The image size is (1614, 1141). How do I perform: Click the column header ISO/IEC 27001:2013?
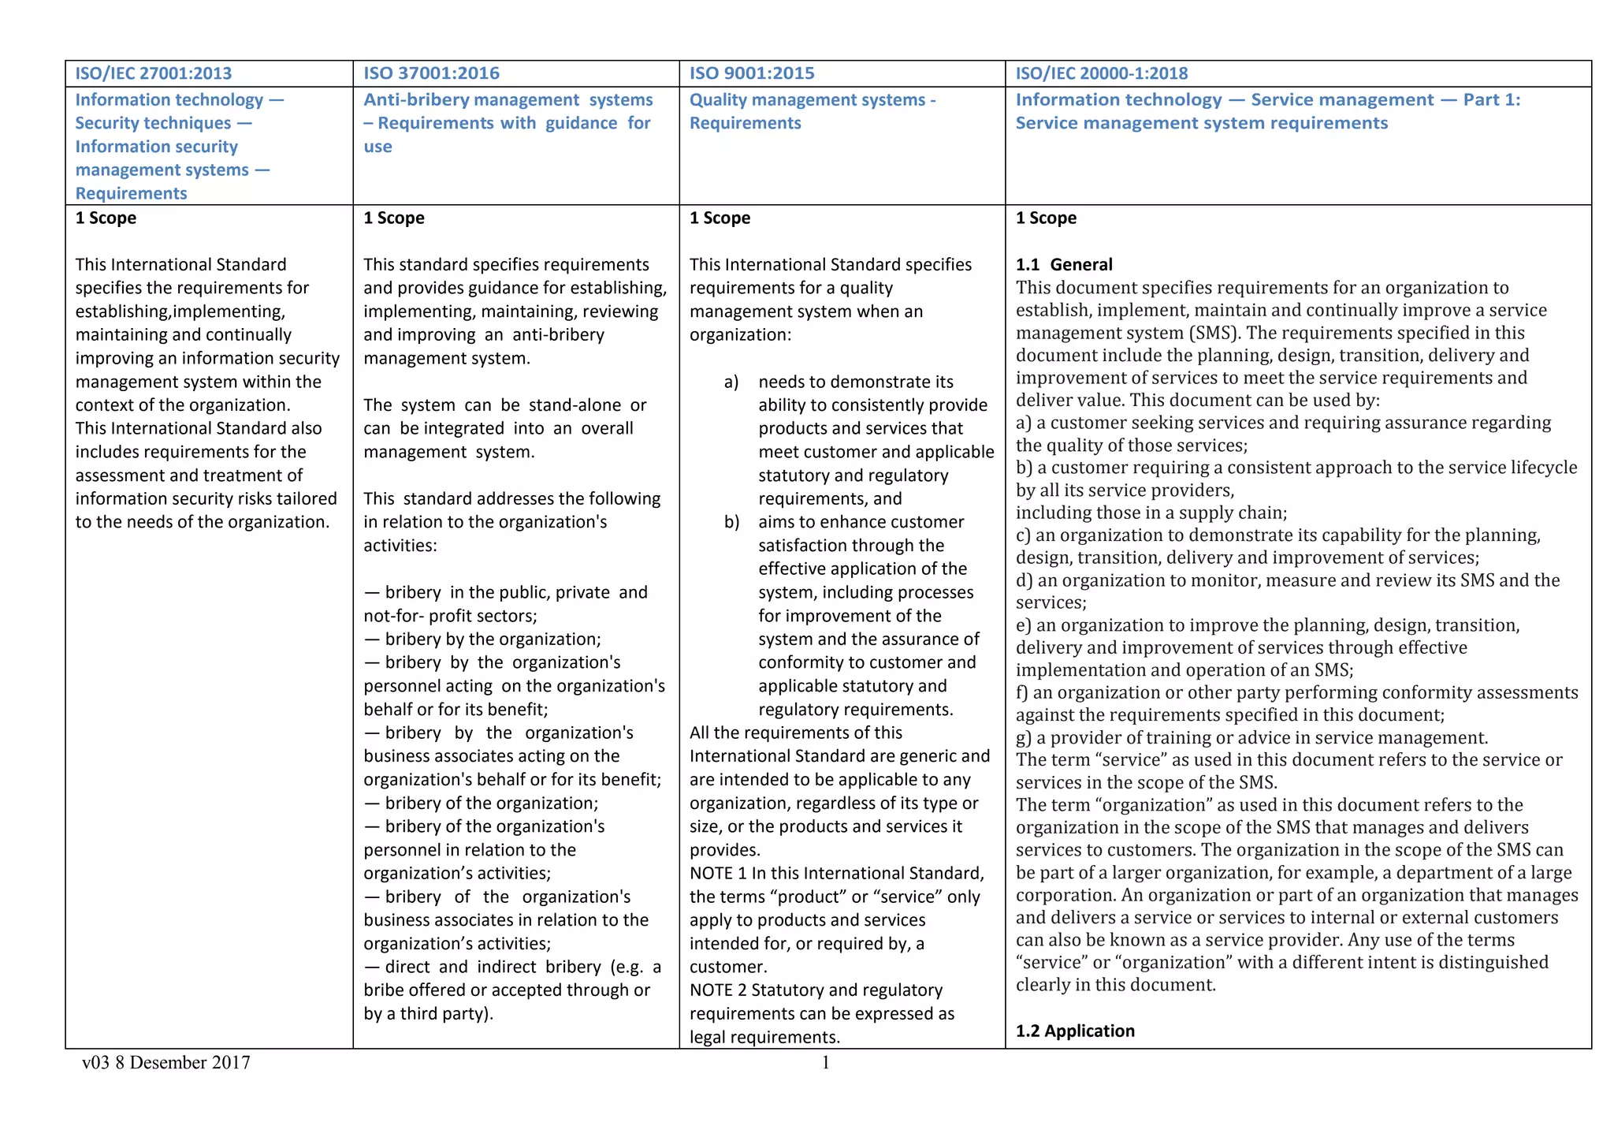[154, 73]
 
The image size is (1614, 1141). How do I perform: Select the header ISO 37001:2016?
[431, 73]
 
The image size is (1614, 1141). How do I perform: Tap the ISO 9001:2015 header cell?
[752, 73]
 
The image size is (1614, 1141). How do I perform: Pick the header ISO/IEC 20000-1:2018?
[1101, 73]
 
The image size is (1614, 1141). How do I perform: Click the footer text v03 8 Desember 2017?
[166, 1063]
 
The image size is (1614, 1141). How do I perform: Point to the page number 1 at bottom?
[825, 1063]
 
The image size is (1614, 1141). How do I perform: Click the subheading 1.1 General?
[1063, 265]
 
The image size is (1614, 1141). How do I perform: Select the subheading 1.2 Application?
[1075, 1031]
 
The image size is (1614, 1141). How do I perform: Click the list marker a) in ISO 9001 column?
[731, 382]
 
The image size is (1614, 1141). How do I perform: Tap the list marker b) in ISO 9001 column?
[731, 523]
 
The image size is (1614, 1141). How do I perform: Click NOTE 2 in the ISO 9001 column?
[717, 990]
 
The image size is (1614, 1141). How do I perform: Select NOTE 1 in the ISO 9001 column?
[717, 874]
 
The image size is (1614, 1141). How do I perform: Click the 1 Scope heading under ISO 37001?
[393, 218]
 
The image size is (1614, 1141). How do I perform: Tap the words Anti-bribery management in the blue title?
[471, 100]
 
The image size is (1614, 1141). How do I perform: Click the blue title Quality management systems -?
[812, 100]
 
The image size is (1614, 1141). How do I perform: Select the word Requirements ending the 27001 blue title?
[131, 194]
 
